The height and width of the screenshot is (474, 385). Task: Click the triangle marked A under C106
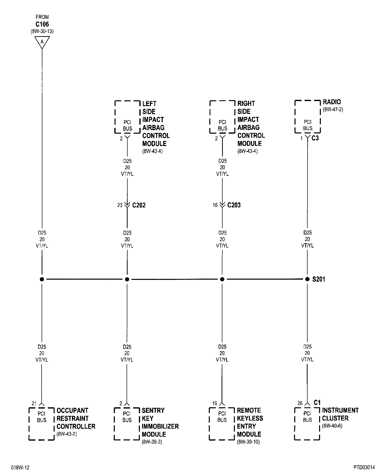coord(42,42)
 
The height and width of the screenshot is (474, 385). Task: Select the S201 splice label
coord(319,279)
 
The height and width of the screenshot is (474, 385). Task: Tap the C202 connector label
coord(139,205)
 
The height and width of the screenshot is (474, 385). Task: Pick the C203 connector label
coord(234,205)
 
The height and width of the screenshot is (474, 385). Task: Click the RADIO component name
coord(332,102)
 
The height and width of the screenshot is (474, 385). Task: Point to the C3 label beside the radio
coord(315,138)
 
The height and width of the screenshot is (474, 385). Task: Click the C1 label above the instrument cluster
coord(317,403)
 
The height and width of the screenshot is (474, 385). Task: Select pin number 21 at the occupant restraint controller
coord(34,404)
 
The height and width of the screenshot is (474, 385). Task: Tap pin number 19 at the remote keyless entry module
coord(215,404)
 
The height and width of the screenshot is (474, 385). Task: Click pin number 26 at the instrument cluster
coord(300,404)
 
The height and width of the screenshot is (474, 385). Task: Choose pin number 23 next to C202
coord(120,205)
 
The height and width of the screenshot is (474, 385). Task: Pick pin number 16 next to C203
coord(215,205)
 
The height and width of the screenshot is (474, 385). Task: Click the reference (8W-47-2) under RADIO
coord(333,110)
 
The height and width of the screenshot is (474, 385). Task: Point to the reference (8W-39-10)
coord(248,442)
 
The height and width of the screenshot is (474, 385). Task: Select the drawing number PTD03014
coord(364,467)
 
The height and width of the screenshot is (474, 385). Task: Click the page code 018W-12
coord(20,467)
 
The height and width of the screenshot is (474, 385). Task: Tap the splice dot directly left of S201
coord(307,279)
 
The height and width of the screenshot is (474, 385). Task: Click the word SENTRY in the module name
coord(153,411)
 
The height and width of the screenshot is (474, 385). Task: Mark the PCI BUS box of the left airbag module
coord(127,117)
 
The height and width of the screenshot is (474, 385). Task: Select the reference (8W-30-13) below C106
coord(42,32)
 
